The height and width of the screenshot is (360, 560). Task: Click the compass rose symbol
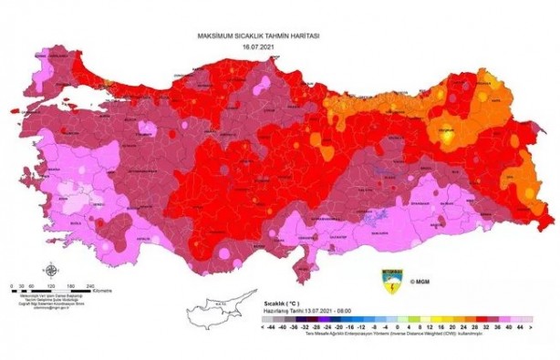[x=51, y=270]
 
